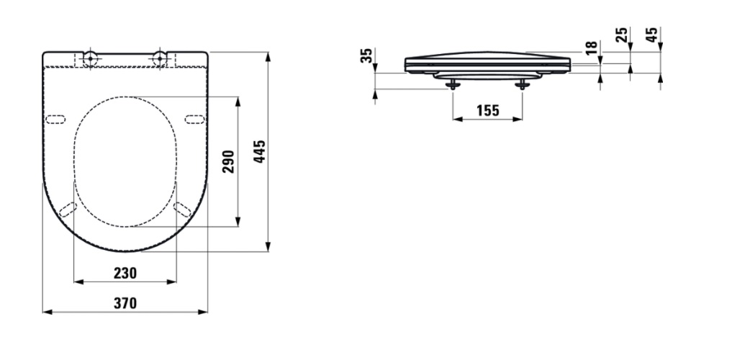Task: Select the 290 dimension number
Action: (x=230, y=163)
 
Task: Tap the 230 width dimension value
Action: (x=125, y=273)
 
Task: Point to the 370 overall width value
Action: (x=125, y=303)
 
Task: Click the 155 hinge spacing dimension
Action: (x=487, y=110)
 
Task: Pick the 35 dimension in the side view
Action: (x=366, y=56)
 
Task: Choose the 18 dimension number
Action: (x=591, y=48)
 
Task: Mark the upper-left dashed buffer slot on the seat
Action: (x=55, y=119)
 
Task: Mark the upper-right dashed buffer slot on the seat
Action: (x=195, y=119)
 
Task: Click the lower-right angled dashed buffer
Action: (x=182, y=210)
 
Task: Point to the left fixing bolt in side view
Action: (x=453, y=84)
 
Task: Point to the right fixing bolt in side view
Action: (x=523, y=84)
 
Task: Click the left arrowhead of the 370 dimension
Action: (x=46, y=312)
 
